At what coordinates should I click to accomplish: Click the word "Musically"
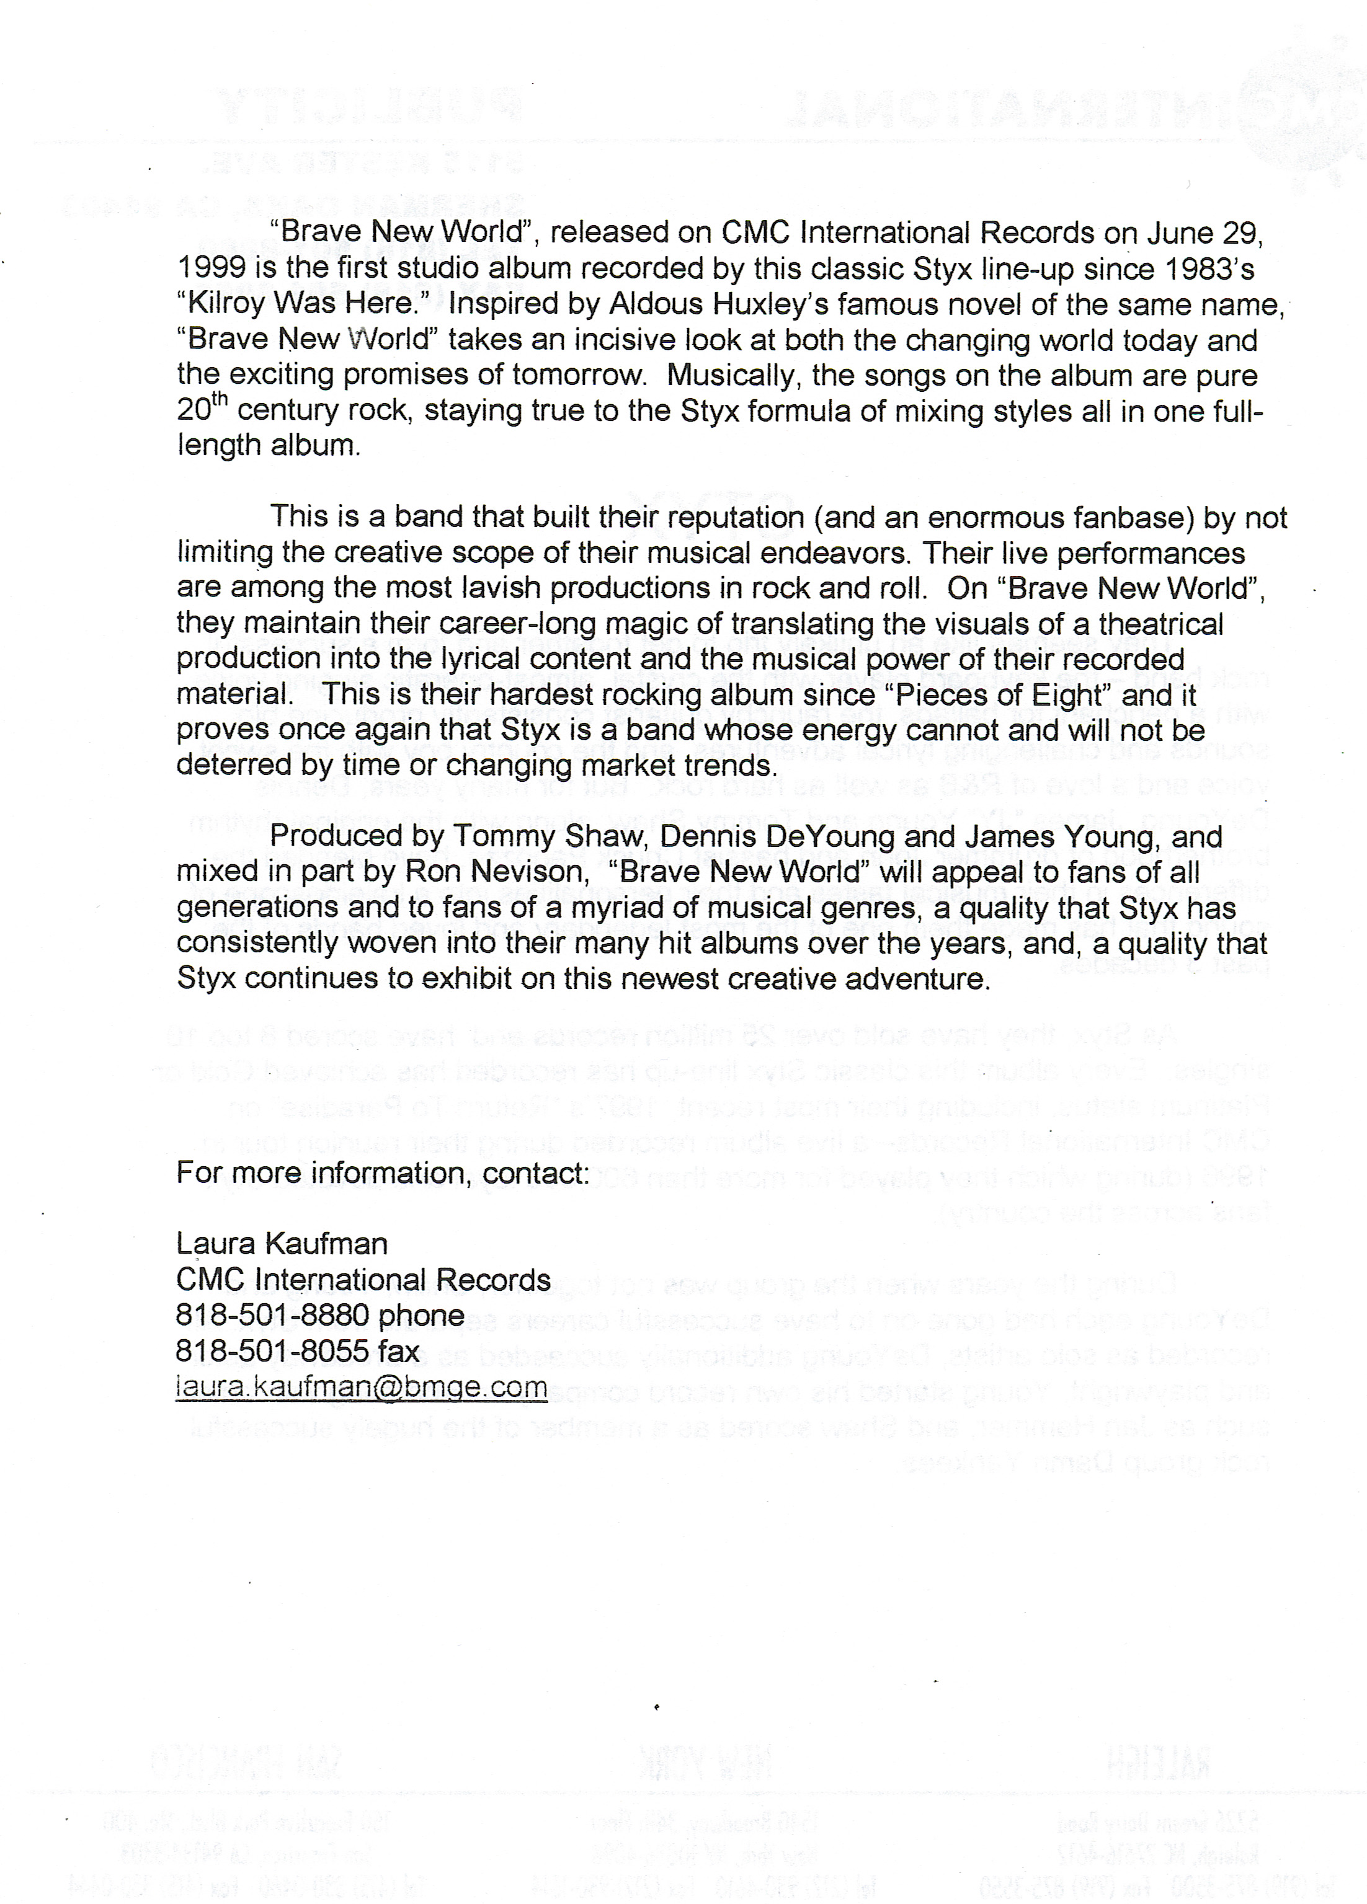[x=729, y=375]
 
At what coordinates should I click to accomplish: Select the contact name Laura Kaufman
[x=282, y=1243]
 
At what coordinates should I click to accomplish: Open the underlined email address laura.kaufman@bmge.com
[x=361, y=1386]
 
